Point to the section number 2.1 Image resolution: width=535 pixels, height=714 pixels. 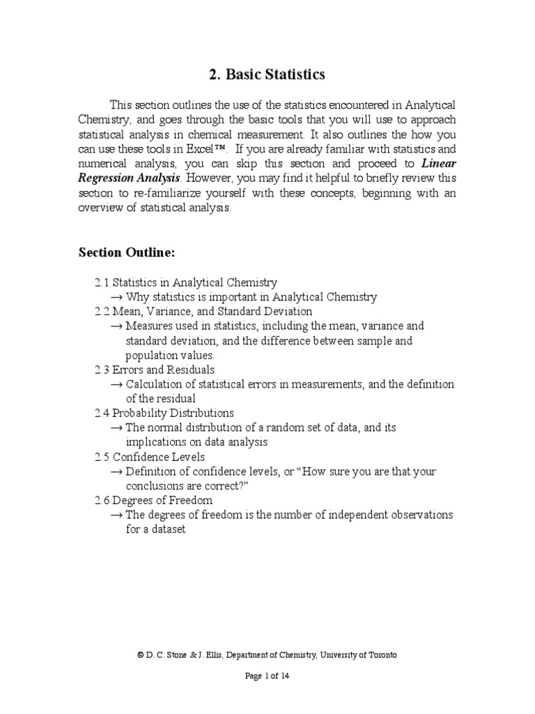click(x=102, y=282)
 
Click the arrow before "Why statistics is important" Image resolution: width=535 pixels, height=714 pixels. click(x=117, y=297)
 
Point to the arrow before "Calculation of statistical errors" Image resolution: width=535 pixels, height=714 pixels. click(x=117, y=384)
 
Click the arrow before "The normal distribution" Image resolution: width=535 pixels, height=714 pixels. click(x=117, y=427)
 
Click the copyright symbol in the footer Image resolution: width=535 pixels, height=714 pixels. click(x=141, y=655)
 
